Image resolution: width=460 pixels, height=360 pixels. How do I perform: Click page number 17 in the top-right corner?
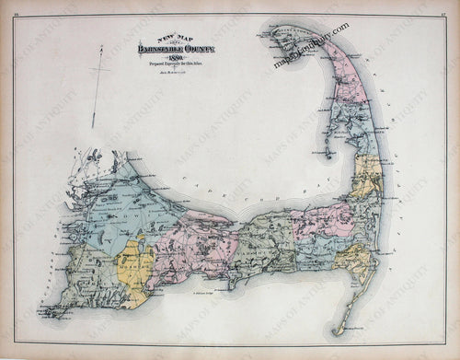pos(453,10)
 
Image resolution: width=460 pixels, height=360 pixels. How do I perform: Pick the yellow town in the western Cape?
pos(136,269)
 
